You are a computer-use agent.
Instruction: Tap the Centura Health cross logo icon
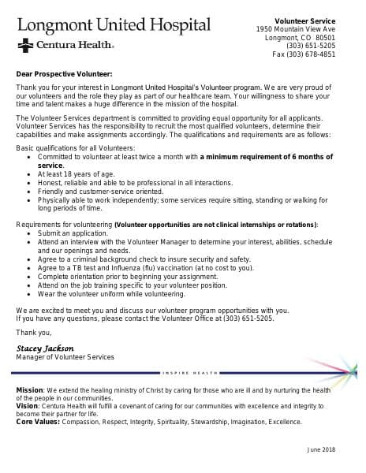(23, 47)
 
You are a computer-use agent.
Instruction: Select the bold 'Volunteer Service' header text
(304, 20)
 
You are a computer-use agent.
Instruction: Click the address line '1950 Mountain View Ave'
(296, 29)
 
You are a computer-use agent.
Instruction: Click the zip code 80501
(325, 38)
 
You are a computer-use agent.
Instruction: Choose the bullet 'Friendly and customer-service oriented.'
(100, 192)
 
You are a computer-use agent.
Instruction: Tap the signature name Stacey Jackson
(45, 348)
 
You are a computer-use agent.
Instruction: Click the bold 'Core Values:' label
(36, 422)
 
